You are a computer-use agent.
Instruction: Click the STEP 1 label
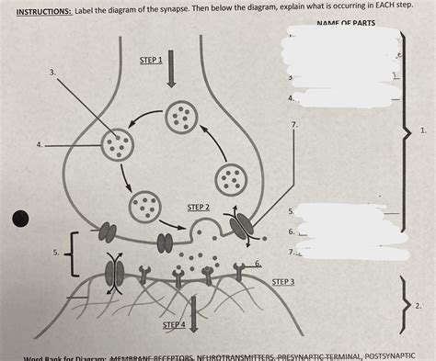click(151, 60)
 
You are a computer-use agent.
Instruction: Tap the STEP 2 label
click(199, 208)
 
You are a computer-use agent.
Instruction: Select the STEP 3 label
click(283, 281)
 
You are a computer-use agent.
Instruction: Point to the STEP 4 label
click(174, 325)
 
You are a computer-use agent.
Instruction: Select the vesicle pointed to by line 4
click(117, 142)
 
